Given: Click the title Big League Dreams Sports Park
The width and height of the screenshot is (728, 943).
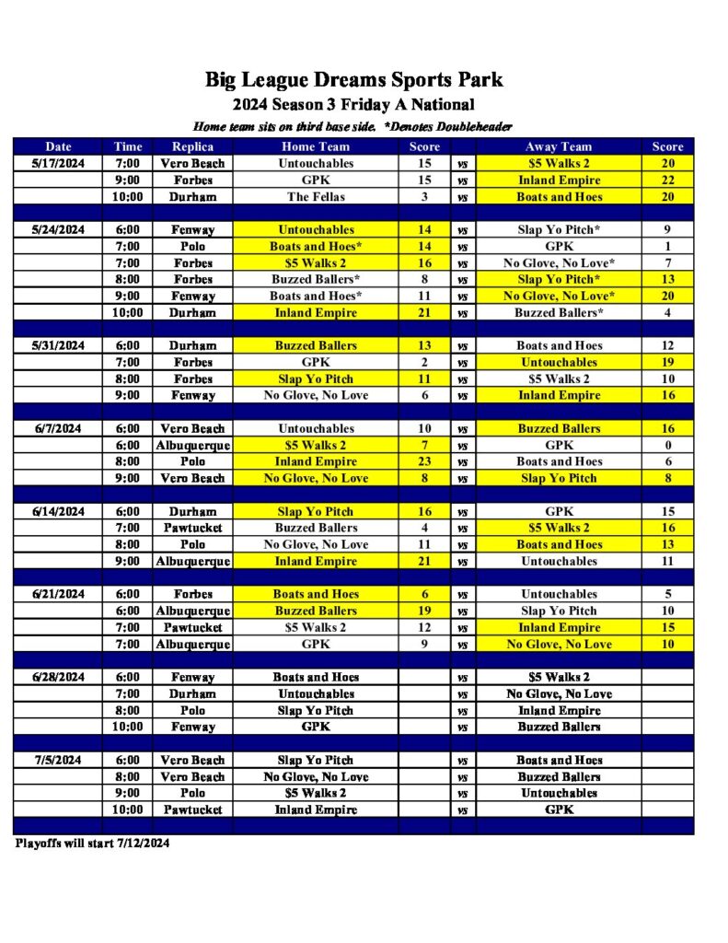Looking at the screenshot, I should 353,80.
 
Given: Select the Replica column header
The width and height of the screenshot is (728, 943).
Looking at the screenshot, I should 192,146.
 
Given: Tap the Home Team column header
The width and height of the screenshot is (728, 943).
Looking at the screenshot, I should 316,146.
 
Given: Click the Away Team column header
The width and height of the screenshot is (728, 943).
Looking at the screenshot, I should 559,146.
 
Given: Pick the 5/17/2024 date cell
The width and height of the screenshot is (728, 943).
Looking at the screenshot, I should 58,163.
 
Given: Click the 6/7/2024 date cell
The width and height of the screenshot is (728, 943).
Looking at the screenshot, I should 58,428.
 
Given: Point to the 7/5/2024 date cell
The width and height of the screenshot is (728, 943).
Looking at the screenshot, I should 58,760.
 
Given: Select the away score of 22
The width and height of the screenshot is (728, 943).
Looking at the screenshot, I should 667,180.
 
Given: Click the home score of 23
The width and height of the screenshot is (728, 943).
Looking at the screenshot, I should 424,461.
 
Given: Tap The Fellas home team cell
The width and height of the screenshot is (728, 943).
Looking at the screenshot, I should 316,196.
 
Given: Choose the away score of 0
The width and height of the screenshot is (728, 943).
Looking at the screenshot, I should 667,445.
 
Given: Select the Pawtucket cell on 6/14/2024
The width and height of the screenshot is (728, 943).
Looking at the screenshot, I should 192,528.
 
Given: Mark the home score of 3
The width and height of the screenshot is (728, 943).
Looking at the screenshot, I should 424,196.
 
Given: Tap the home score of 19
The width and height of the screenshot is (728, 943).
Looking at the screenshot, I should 424,611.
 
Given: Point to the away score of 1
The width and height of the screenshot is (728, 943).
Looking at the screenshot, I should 667,246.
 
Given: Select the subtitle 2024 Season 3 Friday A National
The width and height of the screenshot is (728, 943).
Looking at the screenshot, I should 353,104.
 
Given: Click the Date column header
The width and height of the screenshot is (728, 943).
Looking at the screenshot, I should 58,146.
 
